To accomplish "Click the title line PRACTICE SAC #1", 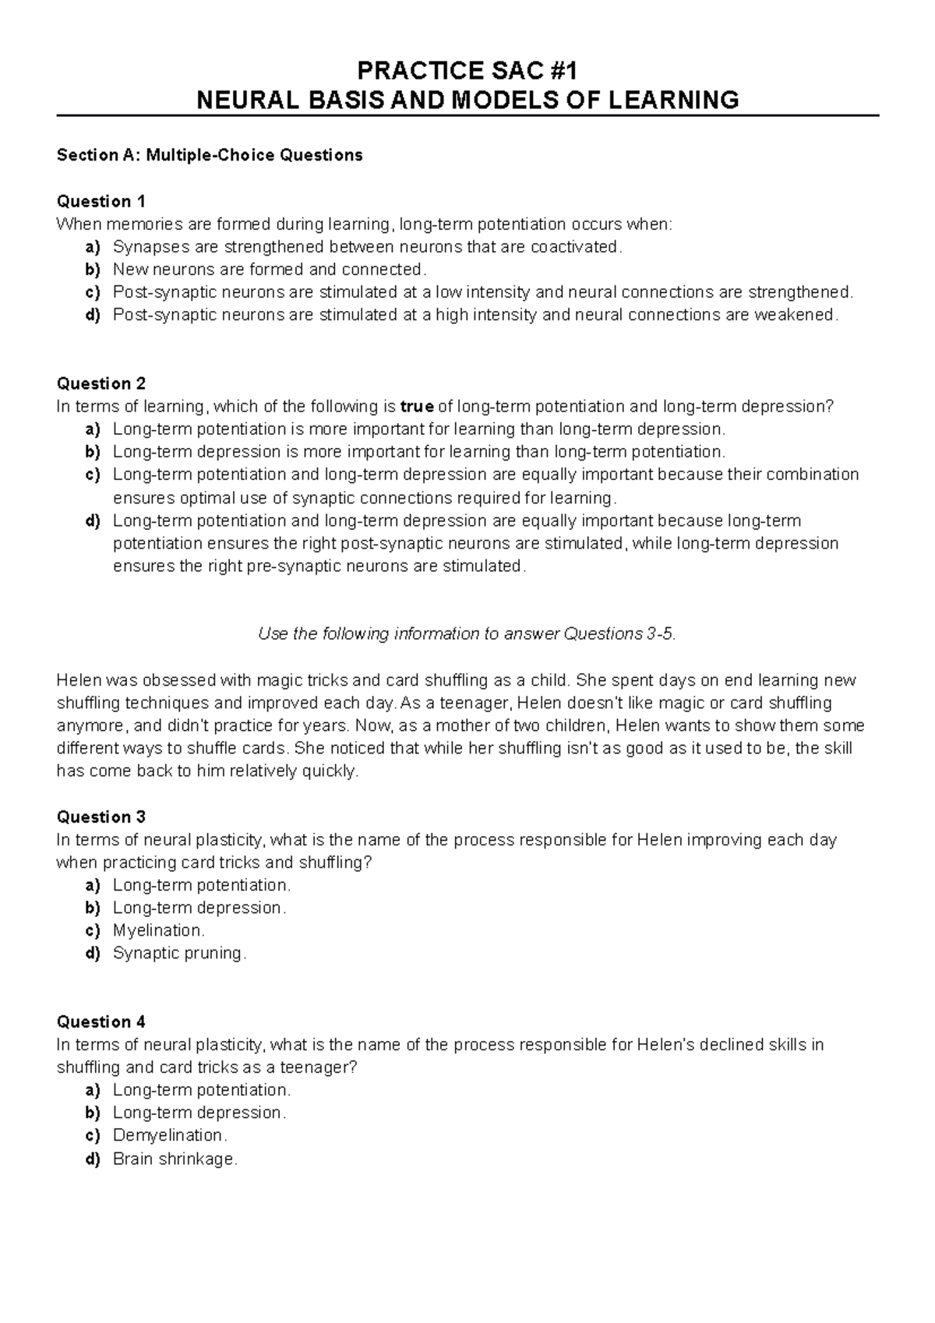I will [467, 71].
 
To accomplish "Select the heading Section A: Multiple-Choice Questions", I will [210, 155].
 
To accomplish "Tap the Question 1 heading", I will [101, 201].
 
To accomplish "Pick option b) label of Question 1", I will [93, 270].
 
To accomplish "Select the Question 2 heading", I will [101, 383].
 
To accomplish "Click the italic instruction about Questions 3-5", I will [467, 633].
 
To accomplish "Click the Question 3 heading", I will [101, 817].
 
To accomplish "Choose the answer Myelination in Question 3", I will [158, 930].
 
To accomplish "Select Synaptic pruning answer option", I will [178, 953].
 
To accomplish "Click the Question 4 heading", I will [101, 1021].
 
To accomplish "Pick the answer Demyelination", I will [169, 1135].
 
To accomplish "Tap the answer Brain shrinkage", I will [174, 1159].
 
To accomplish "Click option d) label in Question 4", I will [93, 1159].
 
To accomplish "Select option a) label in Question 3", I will [93, 885].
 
